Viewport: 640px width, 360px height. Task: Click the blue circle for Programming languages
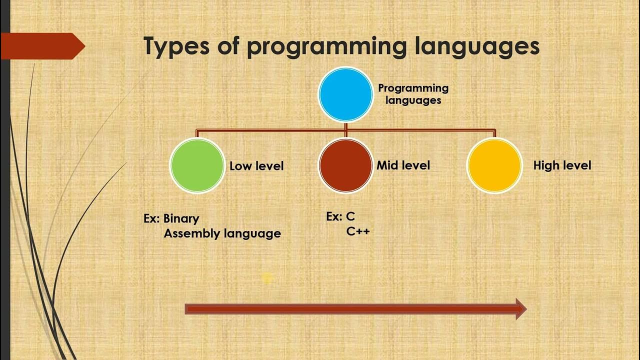[345, 94]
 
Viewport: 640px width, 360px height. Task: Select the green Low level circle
[197, 165]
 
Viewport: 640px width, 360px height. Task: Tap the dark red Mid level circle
[345, 165]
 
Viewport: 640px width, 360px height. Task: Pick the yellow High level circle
[494, 165]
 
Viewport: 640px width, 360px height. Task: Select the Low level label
[256, 166]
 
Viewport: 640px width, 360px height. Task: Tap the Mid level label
[403, 165]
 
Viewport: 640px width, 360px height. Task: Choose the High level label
[562, 165]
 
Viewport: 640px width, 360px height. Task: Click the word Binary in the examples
[181, 219]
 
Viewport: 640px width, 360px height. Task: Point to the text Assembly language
[222, 233]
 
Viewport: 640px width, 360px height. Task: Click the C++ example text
[358, 231]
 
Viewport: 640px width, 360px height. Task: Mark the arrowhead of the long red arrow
[520, 309]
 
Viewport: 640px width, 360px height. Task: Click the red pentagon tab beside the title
[42, 46]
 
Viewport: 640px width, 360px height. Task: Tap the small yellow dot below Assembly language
[266, 278]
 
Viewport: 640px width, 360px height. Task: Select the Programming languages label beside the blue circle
[413, 94]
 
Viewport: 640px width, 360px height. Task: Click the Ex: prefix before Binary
[151, 219]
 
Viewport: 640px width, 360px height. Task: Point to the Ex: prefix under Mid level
[333, 216]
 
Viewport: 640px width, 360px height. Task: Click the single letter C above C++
[350, 216]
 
